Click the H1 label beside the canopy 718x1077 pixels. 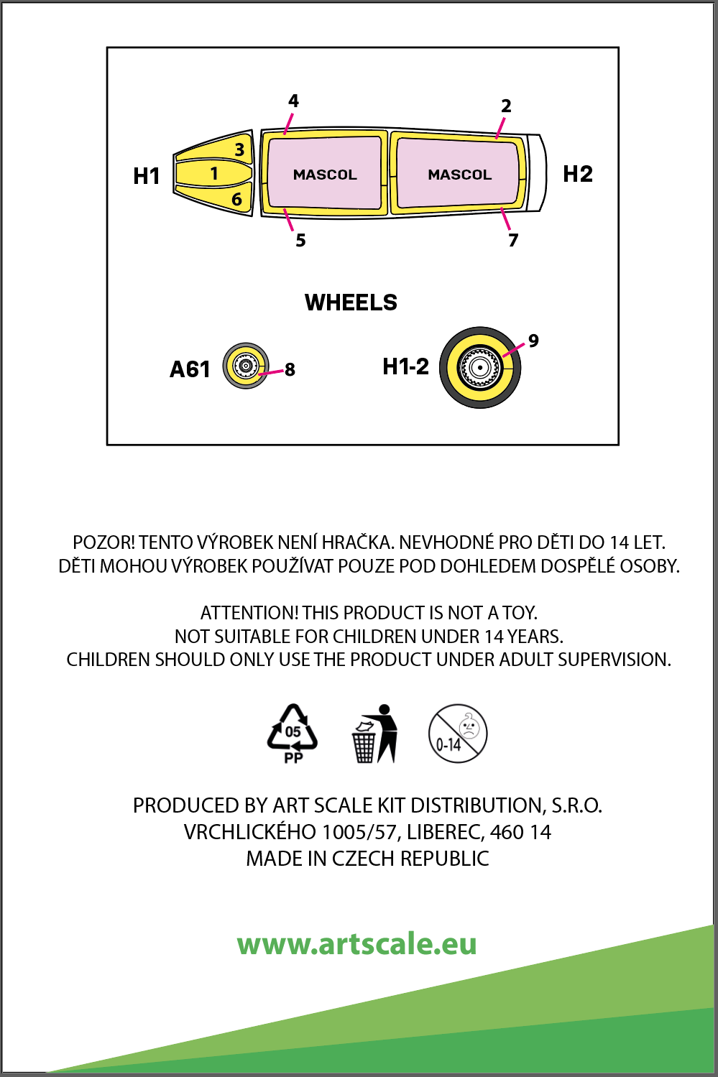[147, 176]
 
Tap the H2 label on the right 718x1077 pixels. [578, 174]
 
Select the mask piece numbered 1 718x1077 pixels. [213, 173]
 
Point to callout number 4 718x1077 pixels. [293, 101]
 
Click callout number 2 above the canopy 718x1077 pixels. [506, 106]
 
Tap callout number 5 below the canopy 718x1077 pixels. [300, 240]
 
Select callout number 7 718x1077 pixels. [513, 240]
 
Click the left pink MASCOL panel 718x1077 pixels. [324, 175]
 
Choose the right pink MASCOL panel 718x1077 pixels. [459, 175]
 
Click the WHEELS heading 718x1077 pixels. [351, 302]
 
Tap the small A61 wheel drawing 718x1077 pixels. [246, 366]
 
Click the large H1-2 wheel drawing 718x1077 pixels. [480, 367]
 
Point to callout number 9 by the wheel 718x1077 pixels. [533, 341]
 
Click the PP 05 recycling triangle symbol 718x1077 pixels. [293, 734]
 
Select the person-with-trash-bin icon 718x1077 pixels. [375, 734]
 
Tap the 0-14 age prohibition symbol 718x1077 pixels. [458, 734]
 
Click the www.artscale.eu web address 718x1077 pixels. [357, 943]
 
